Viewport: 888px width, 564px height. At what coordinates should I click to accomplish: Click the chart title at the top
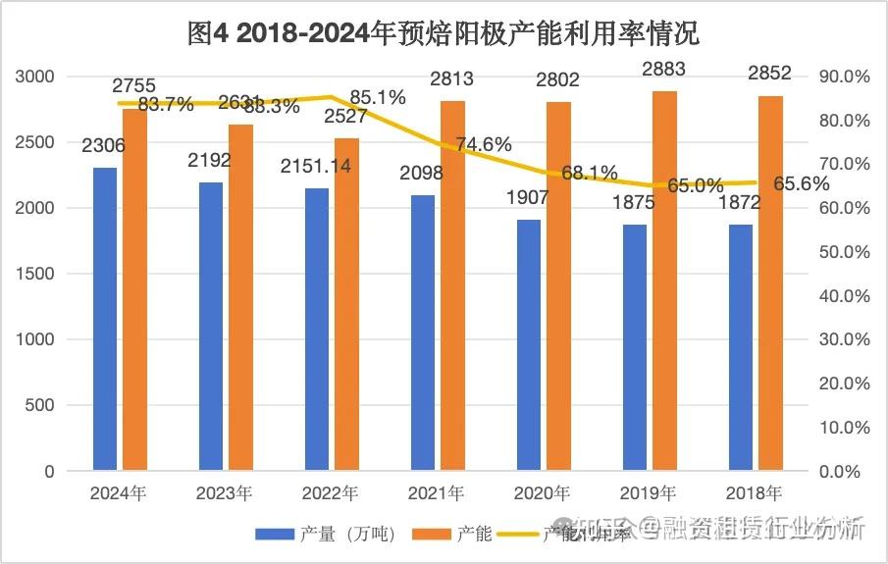click(444, 33)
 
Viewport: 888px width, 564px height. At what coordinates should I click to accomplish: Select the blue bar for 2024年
click(105, 319)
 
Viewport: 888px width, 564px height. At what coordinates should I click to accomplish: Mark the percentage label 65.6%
click(802, 183)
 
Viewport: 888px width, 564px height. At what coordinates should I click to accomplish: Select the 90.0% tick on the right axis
click(844, 77)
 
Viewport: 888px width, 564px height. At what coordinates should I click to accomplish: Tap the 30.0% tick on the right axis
click(844, 339)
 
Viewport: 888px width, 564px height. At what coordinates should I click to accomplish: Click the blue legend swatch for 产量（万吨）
click(275, 535)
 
